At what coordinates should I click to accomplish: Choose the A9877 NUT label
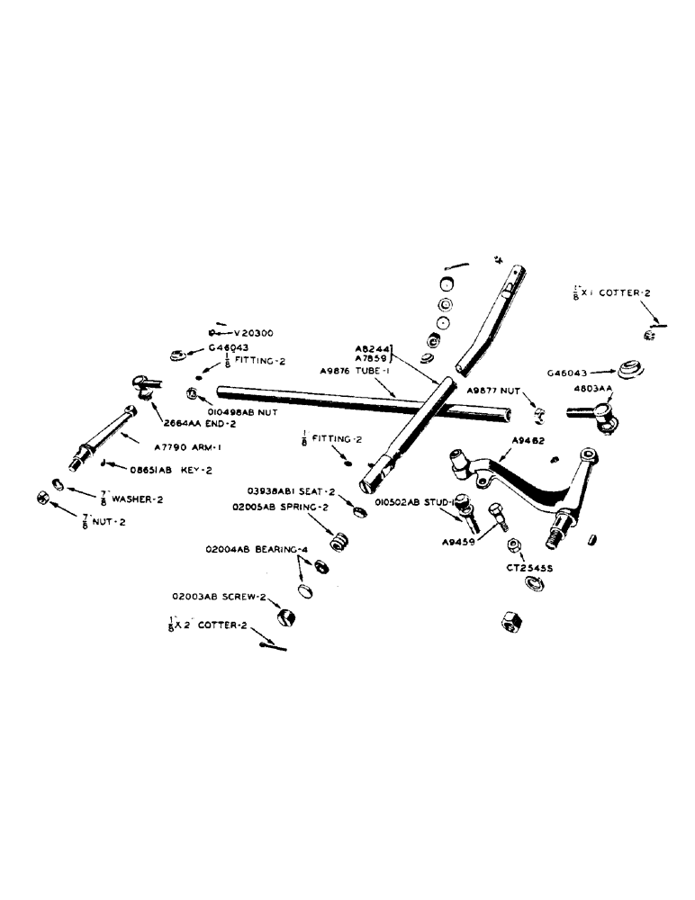coord(496,391)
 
